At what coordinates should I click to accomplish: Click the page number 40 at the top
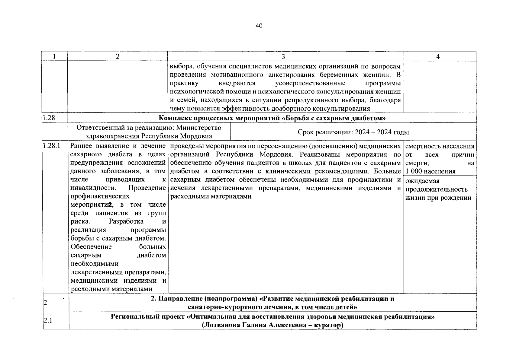[x=259, y=26]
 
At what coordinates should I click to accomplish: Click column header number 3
[x=283, y=57]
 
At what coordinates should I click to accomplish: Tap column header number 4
[x=438, y=57]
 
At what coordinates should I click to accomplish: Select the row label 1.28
[x=49, y=118]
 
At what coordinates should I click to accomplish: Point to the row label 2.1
[x=47, y=320]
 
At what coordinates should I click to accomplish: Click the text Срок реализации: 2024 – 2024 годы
[x=353, y=132]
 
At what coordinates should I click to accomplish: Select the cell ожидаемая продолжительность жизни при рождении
[x=438, y=189]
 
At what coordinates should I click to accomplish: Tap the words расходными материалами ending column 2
[x=111, y=289]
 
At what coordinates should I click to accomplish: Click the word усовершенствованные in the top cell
[x=311, y=83]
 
